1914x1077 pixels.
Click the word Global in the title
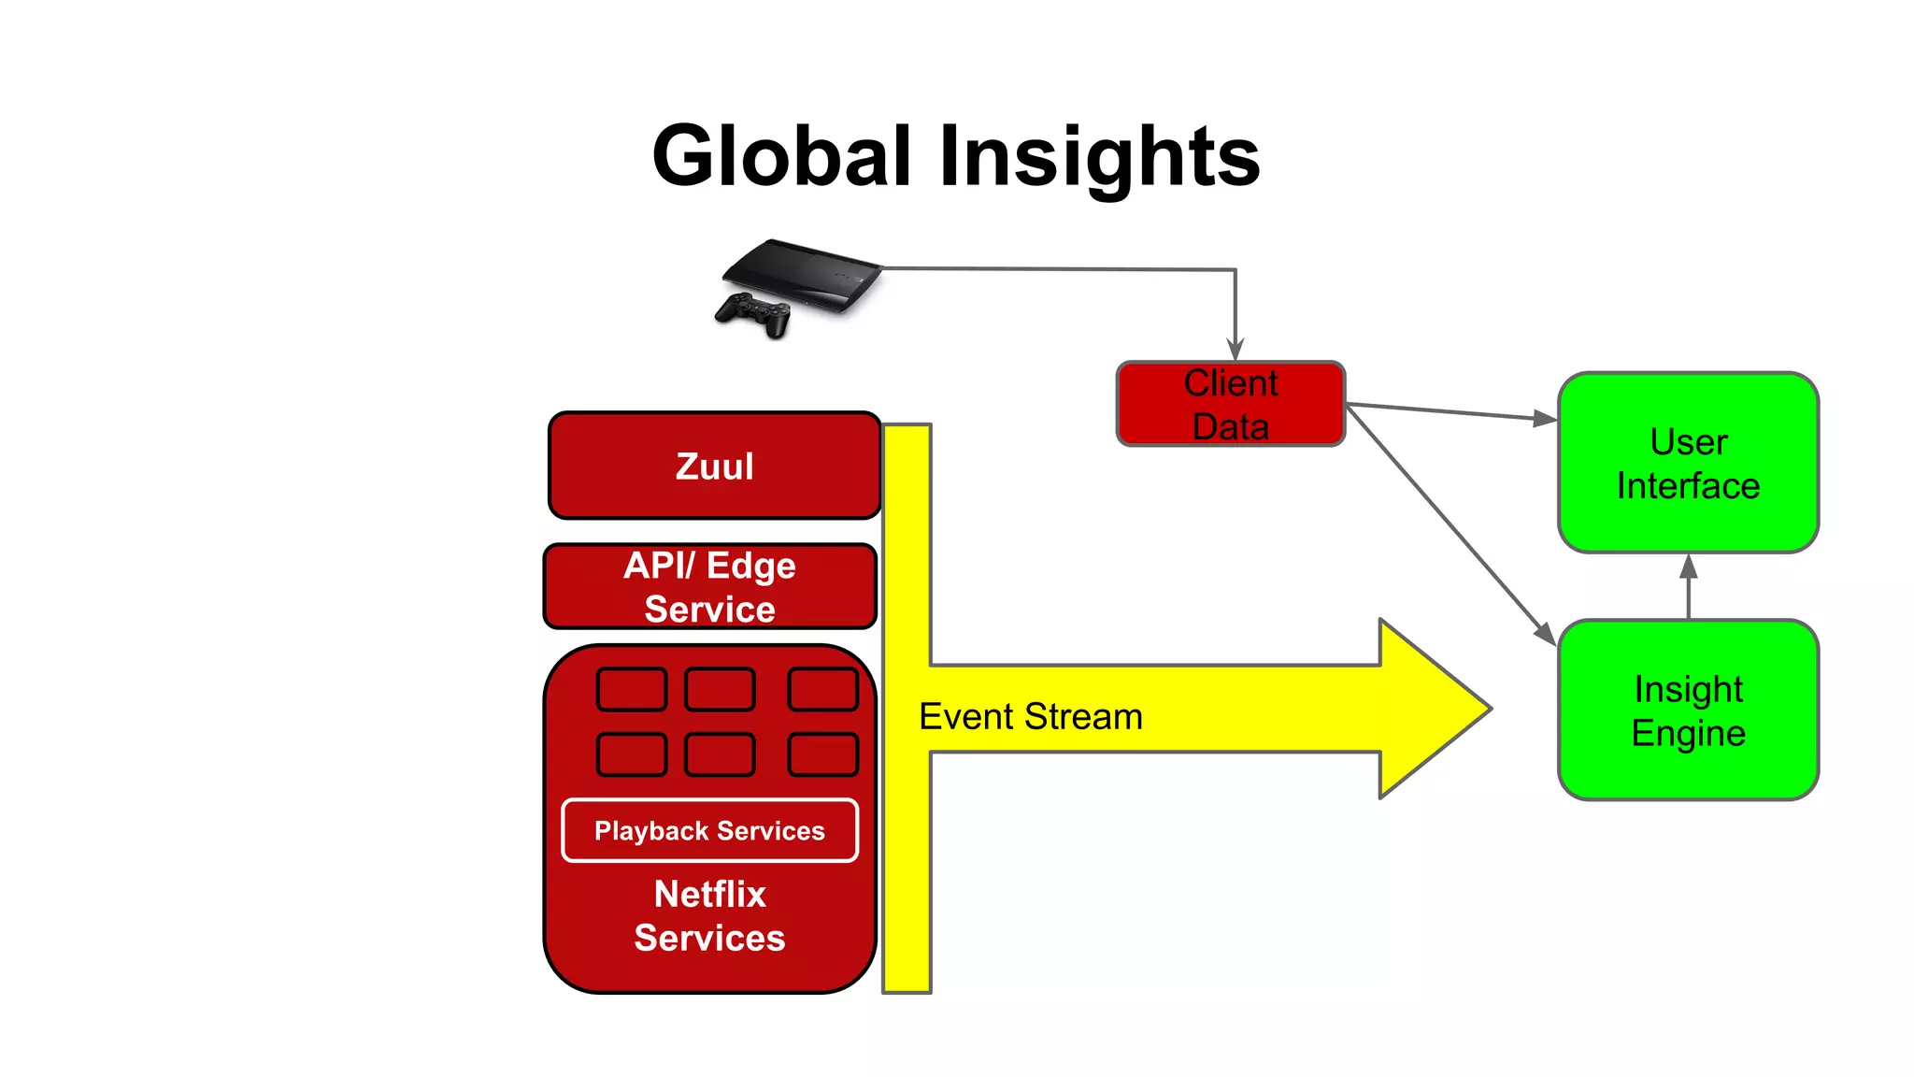[x=781, y=155]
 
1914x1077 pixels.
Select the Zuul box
[x=715, y=466]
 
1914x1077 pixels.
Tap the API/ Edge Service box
[x=710, y=586]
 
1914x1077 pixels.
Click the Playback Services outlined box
[x=710, y=830]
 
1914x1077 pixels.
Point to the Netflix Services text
[x=710, y=915]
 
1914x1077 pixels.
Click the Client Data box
[x=1231, y=404]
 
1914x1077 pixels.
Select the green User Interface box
[x=1688, y=463]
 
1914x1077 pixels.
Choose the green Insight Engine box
[x=1688, y=710]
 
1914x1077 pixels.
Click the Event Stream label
[x=1031, y=717]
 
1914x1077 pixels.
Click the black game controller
[x=754, y=313]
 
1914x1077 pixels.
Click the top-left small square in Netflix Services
[x=632, y=689]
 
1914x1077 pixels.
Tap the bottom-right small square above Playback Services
[x=822, y=754]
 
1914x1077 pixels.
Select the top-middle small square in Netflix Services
[x=720, y=689]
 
